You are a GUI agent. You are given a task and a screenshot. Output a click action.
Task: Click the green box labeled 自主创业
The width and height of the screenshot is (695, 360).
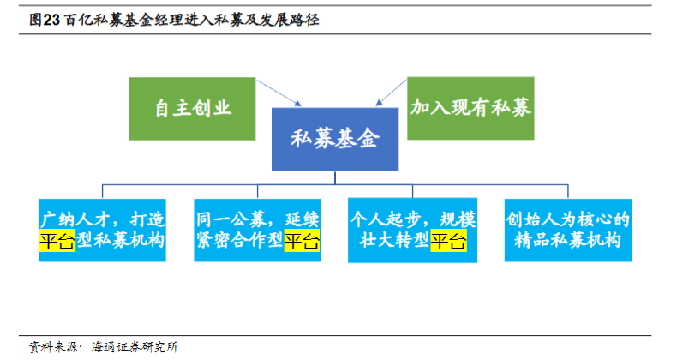pos(192,109)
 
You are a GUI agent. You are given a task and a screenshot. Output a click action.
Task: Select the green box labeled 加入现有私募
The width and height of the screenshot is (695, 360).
pos(470,108)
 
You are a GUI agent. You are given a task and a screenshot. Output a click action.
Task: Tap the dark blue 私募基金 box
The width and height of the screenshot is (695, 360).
pos(335,139)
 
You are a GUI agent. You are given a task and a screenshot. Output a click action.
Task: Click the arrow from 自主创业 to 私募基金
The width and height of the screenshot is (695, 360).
pos(279,93)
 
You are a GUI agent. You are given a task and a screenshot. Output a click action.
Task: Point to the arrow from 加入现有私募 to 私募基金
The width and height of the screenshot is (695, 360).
pos(392,93)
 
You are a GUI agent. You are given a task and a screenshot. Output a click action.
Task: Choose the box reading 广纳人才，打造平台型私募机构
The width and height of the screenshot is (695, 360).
pos(102,230)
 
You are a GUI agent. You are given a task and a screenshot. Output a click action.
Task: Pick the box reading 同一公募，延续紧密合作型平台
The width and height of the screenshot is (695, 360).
pos(258,230)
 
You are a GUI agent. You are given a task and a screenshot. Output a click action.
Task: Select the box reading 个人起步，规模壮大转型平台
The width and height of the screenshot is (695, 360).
pos(413,230)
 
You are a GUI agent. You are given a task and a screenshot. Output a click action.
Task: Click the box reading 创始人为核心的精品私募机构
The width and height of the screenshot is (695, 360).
pos(568,230)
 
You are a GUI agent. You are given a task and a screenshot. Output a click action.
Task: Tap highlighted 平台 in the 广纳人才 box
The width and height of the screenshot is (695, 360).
pos(57,241)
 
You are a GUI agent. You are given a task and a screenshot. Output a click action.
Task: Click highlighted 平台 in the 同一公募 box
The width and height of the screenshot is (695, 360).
pos(302,241)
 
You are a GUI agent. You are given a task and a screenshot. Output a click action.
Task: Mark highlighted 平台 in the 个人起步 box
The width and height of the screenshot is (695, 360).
pos(448,241)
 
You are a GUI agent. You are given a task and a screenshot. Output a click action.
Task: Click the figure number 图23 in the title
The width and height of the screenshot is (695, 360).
pos(45,20)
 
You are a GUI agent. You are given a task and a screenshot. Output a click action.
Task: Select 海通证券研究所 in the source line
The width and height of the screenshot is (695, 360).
pos(135,346)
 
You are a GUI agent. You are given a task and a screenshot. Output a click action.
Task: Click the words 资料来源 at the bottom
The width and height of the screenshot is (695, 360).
pos(54,346)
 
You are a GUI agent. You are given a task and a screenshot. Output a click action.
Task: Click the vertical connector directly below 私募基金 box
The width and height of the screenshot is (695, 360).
pos(335,177)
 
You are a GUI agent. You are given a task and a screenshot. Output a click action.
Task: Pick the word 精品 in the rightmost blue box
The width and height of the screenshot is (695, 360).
pos(532,241)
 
